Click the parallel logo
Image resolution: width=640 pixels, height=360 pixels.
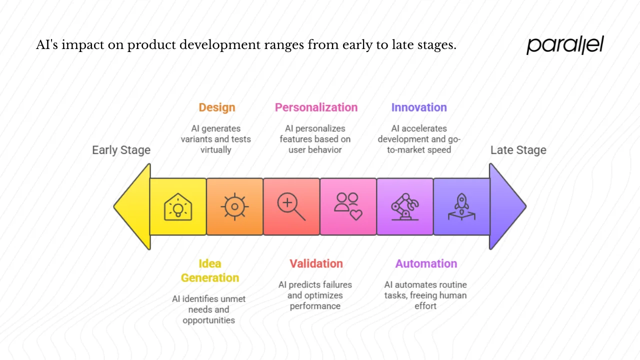565,45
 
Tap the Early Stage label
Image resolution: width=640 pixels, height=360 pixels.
121,150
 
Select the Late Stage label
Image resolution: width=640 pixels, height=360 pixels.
518,150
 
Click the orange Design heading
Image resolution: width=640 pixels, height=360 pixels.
216,107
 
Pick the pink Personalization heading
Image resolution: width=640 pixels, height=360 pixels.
316,107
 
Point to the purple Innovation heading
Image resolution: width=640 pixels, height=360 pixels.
419,107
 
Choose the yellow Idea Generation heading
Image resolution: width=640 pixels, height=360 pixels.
209,270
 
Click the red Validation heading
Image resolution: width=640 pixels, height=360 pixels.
316,263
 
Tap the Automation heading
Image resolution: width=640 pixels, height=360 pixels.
426,263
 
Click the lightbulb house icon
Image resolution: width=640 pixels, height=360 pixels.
178,206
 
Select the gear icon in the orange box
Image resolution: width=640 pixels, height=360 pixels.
234,206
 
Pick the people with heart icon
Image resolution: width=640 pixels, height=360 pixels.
348,206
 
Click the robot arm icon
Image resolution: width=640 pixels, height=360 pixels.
404,206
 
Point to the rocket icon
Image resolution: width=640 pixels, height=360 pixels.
461,206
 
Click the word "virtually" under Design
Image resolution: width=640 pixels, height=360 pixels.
215,149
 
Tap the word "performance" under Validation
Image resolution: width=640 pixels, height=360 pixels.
315,306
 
